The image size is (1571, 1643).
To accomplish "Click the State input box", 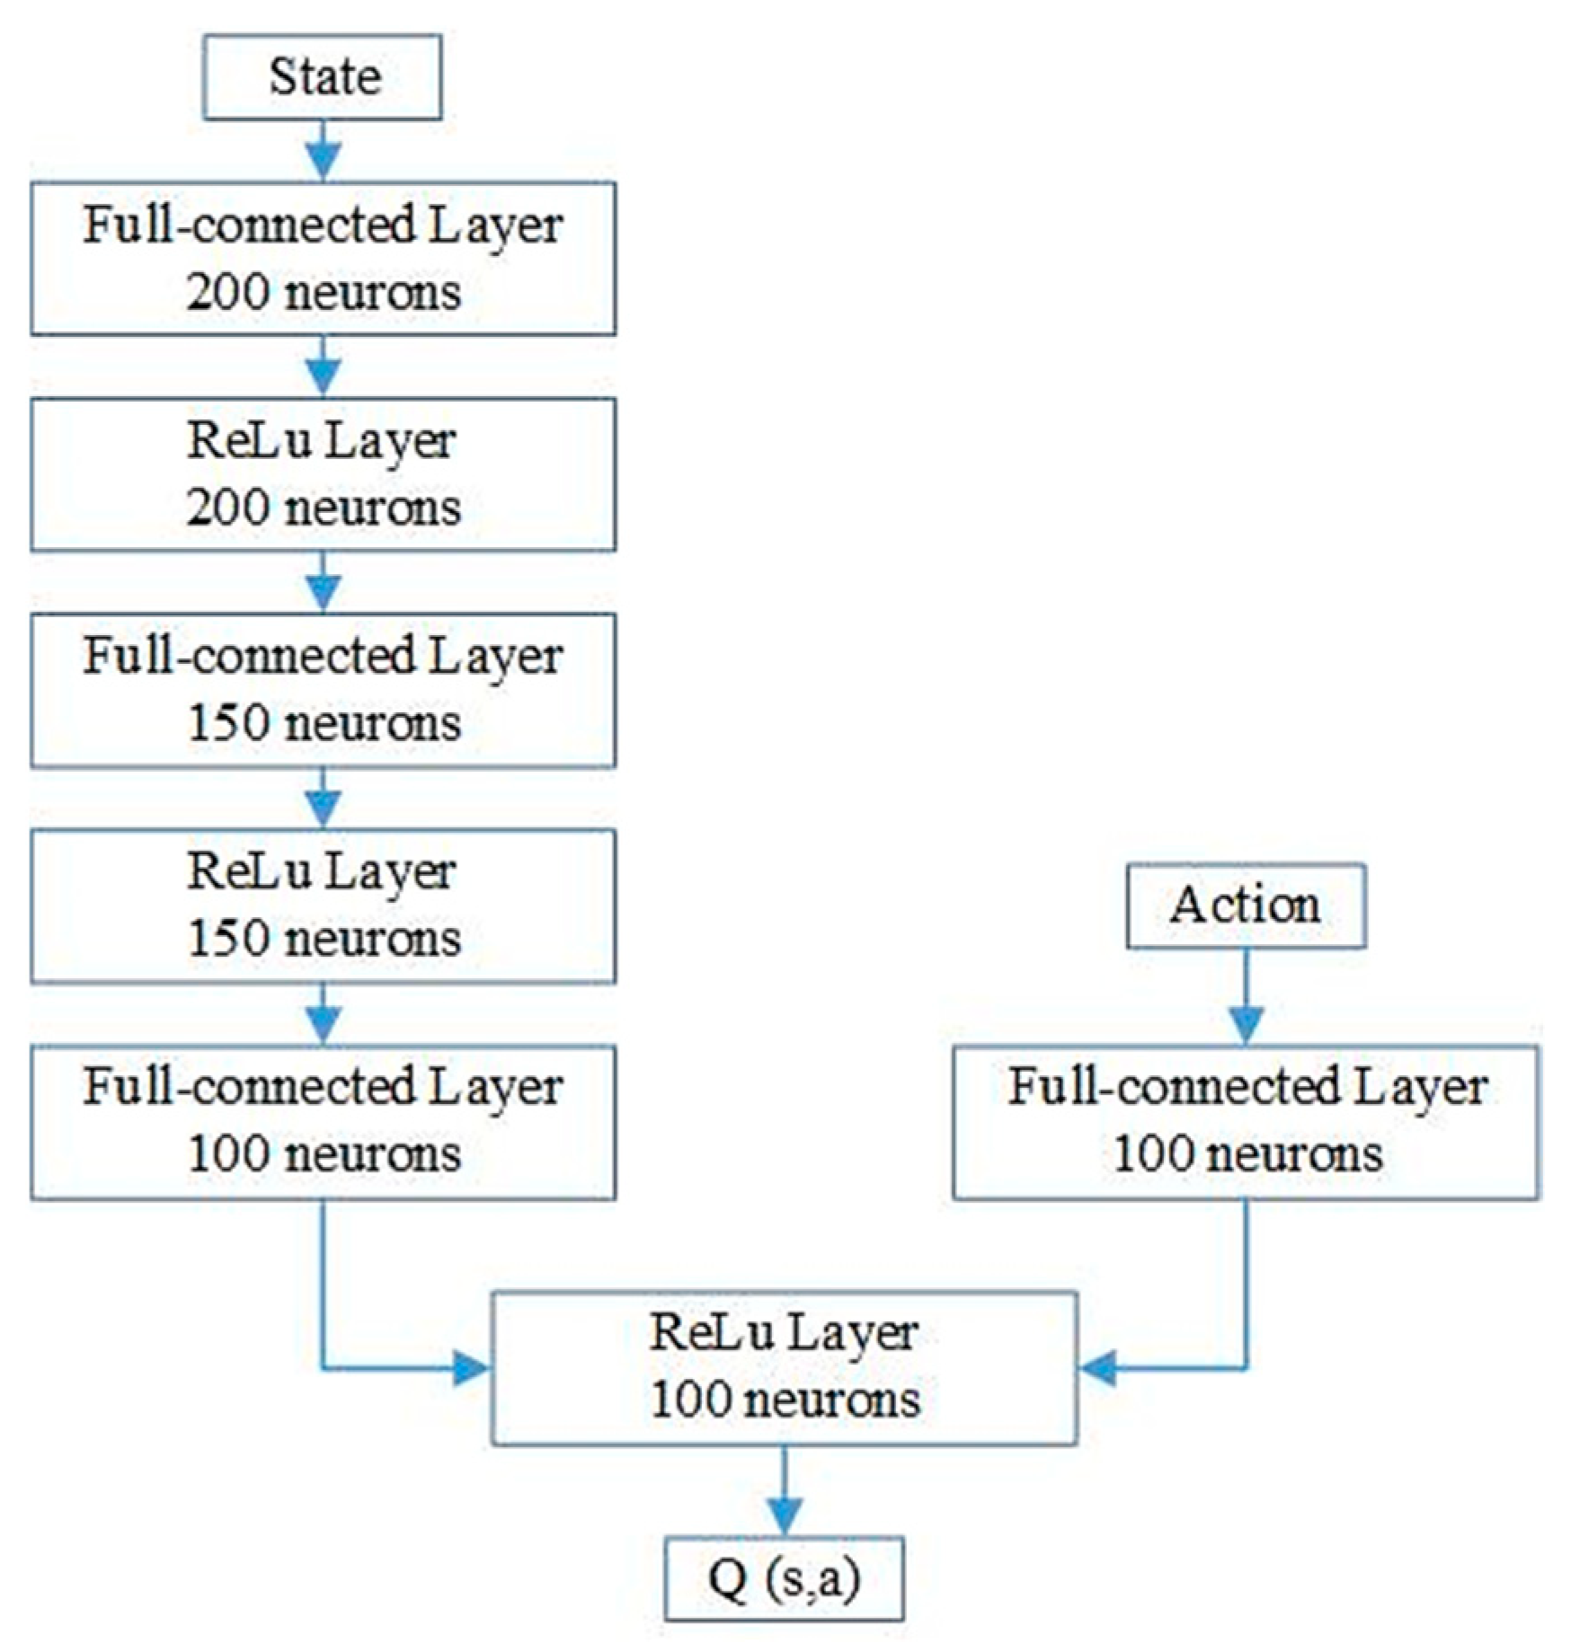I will pyautogui.click(x=322, y=77).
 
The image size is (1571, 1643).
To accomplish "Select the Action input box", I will pyautogui.click(x=1246, y=905).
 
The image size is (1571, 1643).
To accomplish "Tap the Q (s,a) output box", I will pyautogui.click(x=784, y=1578).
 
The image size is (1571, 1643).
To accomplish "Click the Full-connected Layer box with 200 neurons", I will pyautogui.click(x=323, y=259).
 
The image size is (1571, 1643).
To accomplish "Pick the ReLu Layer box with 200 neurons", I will pyautogui.click(x=323, y=474).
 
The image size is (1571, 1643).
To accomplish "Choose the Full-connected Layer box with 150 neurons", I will pyautogui.click(x=323, y=690).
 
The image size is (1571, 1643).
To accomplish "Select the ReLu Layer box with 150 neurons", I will pyautogui.click(x=323, y=905).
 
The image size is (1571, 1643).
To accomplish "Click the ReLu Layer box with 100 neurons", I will pyautogui.click(x=784, y=1367).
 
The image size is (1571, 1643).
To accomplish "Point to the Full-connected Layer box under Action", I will pyautogui.click(x=1246, y=1121).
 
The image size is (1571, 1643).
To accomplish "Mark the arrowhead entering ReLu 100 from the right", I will pyautogui.click(x=1098, y=1368).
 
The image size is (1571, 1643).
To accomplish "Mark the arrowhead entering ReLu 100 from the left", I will pyautogui.click(x=471, y=1368).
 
